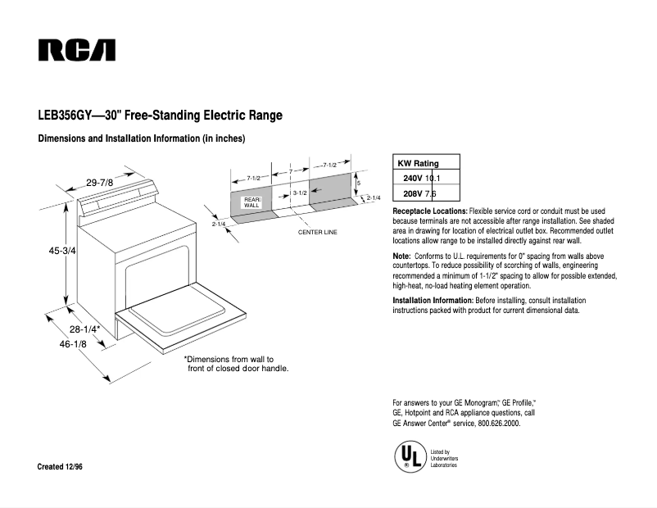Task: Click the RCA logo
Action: point(76,50)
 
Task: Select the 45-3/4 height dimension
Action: point(62,252)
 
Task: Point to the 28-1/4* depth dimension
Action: point(84,329)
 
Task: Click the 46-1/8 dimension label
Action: point(72,347)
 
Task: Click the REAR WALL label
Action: point(251,202)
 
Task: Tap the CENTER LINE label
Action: point(317,233)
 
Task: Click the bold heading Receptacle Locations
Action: point(430,212)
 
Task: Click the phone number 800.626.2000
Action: point(493,423)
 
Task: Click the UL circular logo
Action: point(410,456)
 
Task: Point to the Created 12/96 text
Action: point(61,466)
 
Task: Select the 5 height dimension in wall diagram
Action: point(358,183)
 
